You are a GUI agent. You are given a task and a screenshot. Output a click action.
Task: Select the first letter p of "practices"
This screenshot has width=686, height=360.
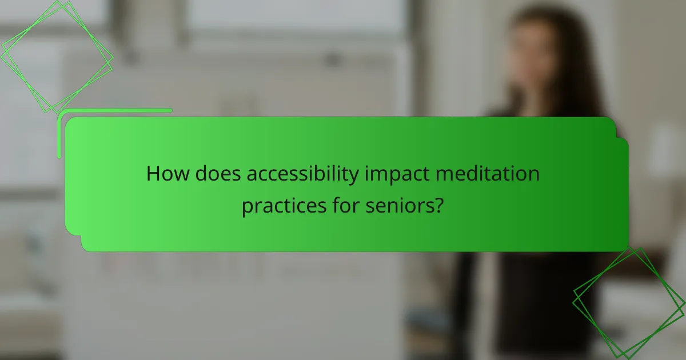(x=247, y=207)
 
